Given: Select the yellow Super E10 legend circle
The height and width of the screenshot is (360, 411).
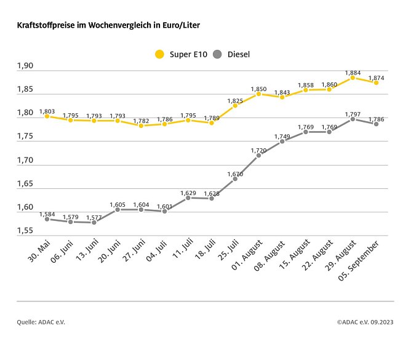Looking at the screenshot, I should pyautogui.click(x=160, y=54).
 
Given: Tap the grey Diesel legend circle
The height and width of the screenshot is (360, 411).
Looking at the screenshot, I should pyautogui.click(x=217, y=54).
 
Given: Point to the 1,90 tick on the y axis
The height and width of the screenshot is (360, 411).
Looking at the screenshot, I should pyautogui.click(x=26, y=66).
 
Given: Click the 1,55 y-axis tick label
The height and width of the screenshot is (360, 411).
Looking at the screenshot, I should pyautogui.click(x=26, y=231).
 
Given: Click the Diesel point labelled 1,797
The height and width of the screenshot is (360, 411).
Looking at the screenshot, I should pyautogui.click(x=353, y=119).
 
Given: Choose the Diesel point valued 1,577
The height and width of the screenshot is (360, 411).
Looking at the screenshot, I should pyautogui.click(x=94, y=222).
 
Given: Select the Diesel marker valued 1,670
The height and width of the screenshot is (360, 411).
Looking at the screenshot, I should pyautogui.click(x=235, y=178).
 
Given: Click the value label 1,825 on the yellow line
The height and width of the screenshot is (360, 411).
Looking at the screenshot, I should pyautogui.click(x=235, y=99).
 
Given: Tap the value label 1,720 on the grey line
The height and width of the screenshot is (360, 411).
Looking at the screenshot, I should pyautogui.click(x=258, y=150).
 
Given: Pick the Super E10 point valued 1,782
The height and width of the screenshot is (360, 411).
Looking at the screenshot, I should pyautogui.click(x=141, y=126).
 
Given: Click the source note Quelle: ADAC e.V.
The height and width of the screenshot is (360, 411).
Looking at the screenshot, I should pyautogui.click(x=41, y=321).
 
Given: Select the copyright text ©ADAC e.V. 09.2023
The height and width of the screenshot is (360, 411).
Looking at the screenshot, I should pyautogui.click(x=365, y=321).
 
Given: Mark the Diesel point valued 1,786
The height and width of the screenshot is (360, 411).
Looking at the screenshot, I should pyautogui.click(x=376, y=124).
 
